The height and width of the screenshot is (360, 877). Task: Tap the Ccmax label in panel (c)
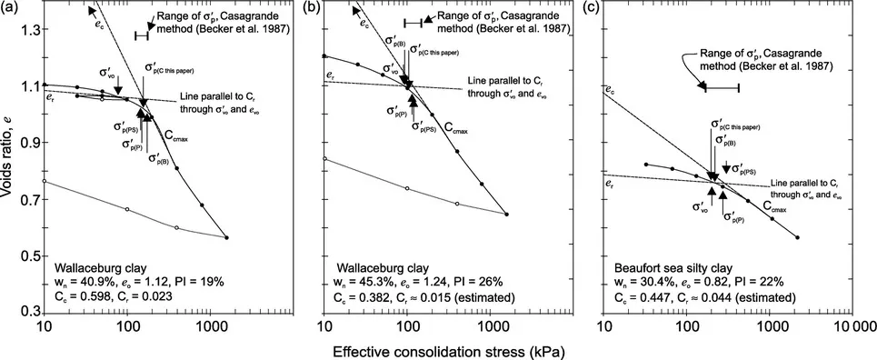point(778,208)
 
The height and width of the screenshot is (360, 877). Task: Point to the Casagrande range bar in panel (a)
point(142,35)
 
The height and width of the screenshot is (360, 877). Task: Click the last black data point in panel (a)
point(226,237)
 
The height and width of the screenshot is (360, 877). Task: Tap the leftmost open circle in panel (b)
point(324,159)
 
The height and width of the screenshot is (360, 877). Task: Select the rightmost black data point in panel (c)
point(797,237)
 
